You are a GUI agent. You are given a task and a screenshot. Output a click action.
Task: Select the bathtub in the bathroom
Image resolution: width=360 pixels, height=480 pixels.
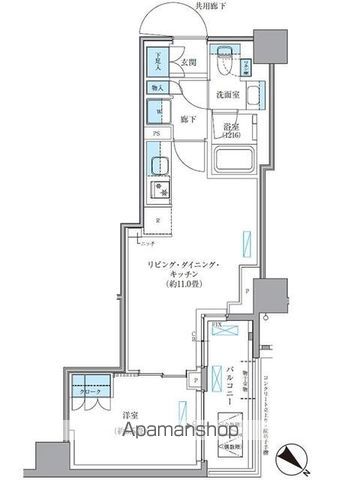click(x=237, y=161)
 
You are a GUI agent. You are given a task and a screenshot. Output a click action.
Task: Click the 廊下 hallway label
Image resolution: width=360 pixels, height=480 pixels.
click(x=187, y=119)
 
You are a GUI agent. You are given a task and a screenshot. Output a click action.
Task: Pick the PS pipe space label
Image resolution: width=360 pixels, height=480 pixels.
click(x=156, y=133)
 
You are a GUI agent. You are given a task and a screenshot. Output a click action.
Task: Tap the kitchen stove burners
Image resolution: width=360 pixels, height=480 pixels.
click(x=156, y=189)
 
